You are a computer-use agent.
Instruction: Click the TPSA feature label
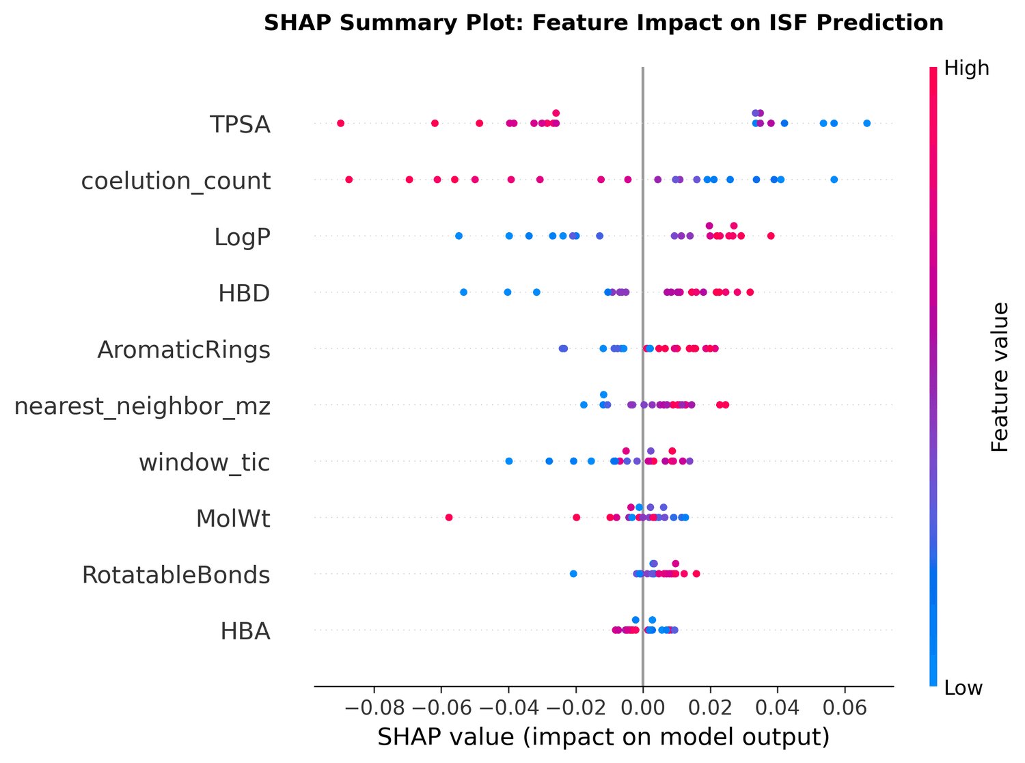click(x=240, y=125)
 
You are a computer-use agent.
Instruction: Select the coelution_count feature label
click(x=176, y=181)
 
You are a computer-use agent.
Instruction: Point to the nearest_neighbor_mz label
click(x=142, y=406)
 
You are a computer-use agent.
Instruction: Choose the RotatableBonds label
click(x=176, y=575)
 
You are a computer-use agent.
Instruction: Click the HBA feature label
click(x=245, y=631)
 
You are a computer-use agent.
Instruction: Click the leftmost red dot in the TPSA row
click(x=340, y=123)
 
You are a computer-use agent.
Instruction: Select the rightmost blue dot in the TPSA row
click(x=866, y=123)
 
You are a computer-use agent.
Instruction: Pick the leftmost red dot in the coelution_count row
click(x=348, y=180)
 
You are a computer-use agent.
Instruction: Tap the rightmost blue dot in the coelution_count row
click(x=834, y=180)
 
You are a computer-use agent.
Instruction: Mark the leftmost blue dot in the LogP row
click(x=459, y=236)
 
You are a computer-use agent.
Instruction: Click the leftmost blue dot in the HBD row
click(x=463, y=292)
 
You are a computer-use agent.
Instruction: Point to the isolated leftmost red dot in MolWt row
click(x=449, y=517)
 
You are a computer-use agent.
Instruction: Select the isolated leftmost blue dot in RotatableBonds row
click(x=573, y=574)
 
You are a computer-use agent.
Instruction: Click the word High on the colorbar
click(x=966, y=68)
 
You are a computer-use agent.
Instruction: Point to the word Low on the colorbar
click(x=963, y=688)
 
